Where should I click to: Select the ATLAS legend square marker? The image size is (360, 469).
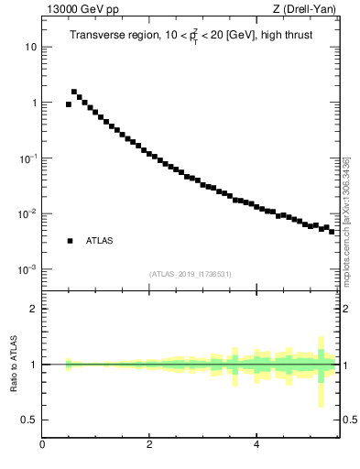70,241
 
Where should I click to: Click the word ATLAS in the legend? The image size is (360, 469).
99,241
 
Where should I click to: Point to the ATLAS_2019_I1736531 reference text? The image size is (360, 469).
191,274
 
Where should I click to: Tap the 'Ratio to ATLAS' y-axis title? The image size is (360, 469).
15,365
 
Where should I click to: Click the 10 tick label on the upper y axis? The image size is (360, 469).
31,47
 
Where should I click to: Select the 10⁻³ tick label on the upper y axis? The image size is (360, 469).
27,269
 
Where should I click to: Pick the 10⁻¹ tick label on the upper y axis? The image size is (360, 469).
27,158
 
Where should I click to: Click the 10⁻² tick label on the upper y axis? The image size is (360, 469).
27,214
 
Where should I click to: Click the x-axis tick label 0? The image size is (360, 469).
42,446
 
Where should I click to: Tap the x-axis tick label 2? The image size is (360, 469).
148,446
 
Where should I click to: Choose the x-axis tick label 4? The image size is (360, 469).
256,446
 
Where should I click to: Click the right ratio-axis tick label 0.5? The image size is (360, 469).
350,420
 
